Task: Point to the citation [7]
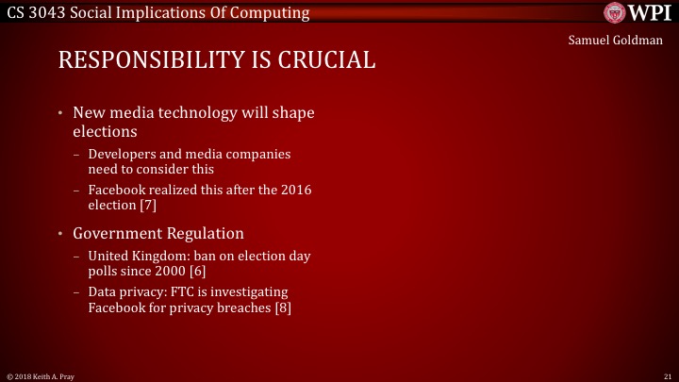(147, 205)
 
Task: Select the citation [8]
(283, 307)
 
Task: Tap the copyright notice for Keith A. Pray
(39, 375)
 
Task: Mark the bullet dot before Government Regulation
(61, 234)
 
